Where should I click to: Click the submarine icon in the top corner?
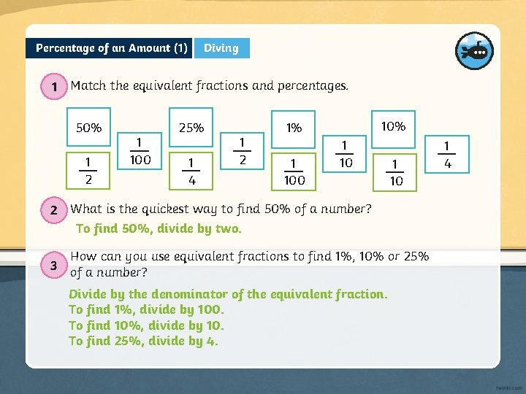click(474, 50)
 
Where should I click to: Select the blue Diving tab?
click(221, 48)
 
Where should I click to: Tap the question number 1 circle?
click(54, 88)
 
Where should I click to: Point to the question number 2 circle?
click(54, 211)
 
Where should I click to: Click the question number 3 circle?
click(54, 266)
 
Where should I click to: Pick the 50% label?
click(89, 128)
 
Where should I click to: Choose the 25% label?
click(191, 128)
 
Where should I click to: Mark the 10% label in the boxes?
click(393, 126)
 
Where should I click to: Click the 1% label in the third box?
click(294, 128)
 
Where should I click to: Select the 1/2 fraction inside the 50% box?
click(88, 169)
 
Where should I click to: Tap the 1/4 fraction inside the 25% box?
click(191, 169)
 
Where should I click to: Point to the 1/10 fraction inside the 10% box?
click(395, 171)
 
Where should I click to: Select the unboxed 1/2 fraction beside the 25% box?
click(242, 150)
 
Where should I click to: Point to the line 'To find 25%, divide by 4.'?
click(143, 341)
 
